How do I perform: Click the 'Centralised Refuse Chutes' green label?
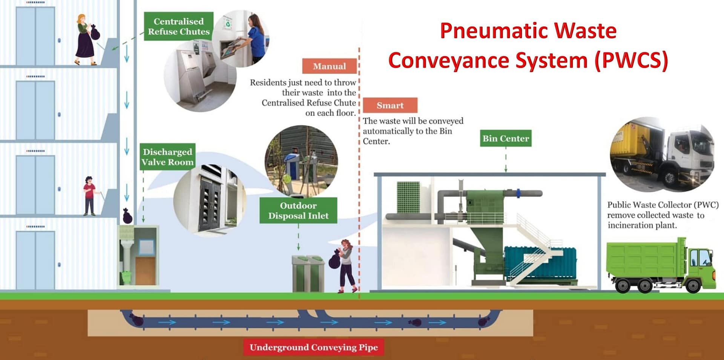click(x=178, y=26)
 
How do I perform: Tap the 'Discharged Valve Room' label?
click(x=167, y=157)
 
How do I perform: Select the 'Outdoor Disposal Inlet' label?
click(x=298, y=211)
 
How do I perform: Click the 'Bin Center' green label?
click(x=506, y=138)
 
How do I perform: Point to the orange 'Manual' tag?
click(x=329, y=66)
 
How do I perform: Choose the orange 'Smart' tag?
click(x=390, y=106)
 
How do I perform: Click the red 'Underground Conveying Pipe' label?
click(x=313, y=347)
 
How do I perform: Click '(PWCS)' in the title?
click(x=632, y=60)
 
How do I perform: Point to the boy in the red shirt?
click(x=89, y=196)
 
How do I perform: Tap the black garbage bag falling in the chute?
click(x=127, y=216)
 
